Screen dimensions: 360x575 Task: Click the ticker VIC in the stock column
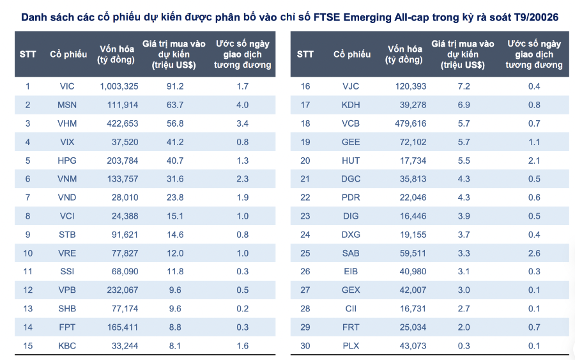(67, 86)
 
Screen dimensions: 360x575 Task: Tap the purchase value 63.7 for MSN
(174, 105)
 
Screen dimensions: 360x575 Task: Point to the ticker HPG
(67, 160)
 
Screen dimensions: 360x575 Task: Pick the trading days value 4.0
(242, 105)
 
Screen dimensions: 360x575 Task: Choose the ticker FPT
(67, 327)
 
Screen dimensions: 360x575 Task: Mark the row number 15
(28, 346)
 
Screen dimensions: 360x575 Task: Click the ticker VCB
(351, 123)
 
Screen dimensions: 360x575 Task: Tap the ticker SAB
(351, 253)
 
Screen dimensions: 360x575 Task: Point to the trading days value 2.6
(533, 253)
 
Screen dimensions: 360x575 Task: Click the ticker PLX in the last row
(351, 346)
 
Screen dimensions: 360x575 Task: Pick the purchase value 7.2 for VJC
(464, 86)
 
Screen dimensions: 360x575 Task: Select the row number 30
(305, 346)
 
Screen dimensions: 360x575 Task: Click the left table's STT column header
(28, 54)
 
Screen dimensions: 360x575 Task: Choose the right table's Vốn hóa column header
(404, 54)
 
